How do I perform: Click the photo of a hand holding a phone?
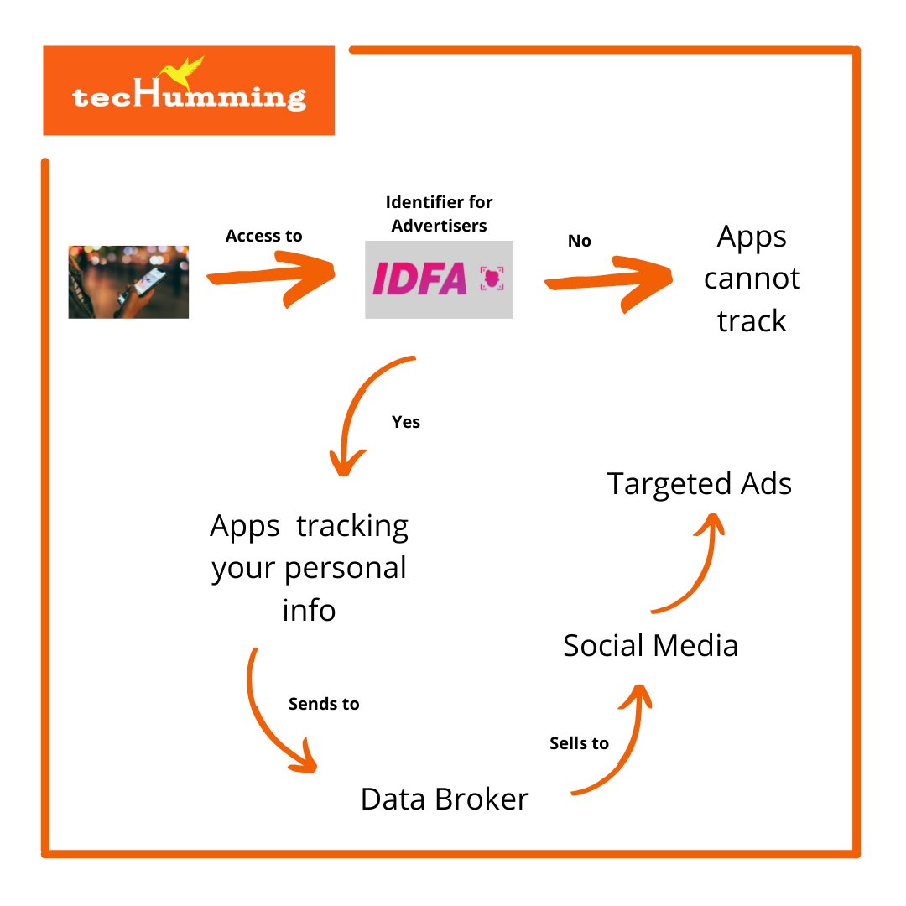[128, 282]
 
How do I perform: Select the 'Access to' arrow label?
[263, 236]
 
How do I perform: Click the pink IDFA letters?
[419, 279]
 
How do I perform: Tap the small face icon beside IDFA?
[492, 279]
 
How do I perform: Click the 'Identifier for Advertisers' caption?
[439, 214]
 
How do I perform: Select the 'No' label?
[580, 242]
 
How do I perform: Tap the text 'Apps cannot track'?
[752, 279]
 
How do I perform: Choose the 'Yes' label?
[406, 422]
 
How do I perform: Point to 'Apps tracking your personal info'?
[310, 568]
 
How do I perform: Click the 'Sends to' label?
[324, 704]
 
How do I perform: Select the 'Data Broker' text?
[445, 799]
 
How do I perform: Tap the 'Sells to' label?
[579, 743]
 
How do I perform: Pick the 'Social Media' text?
[650, 646]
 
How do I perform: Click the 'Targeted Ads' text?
[700, 484]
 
